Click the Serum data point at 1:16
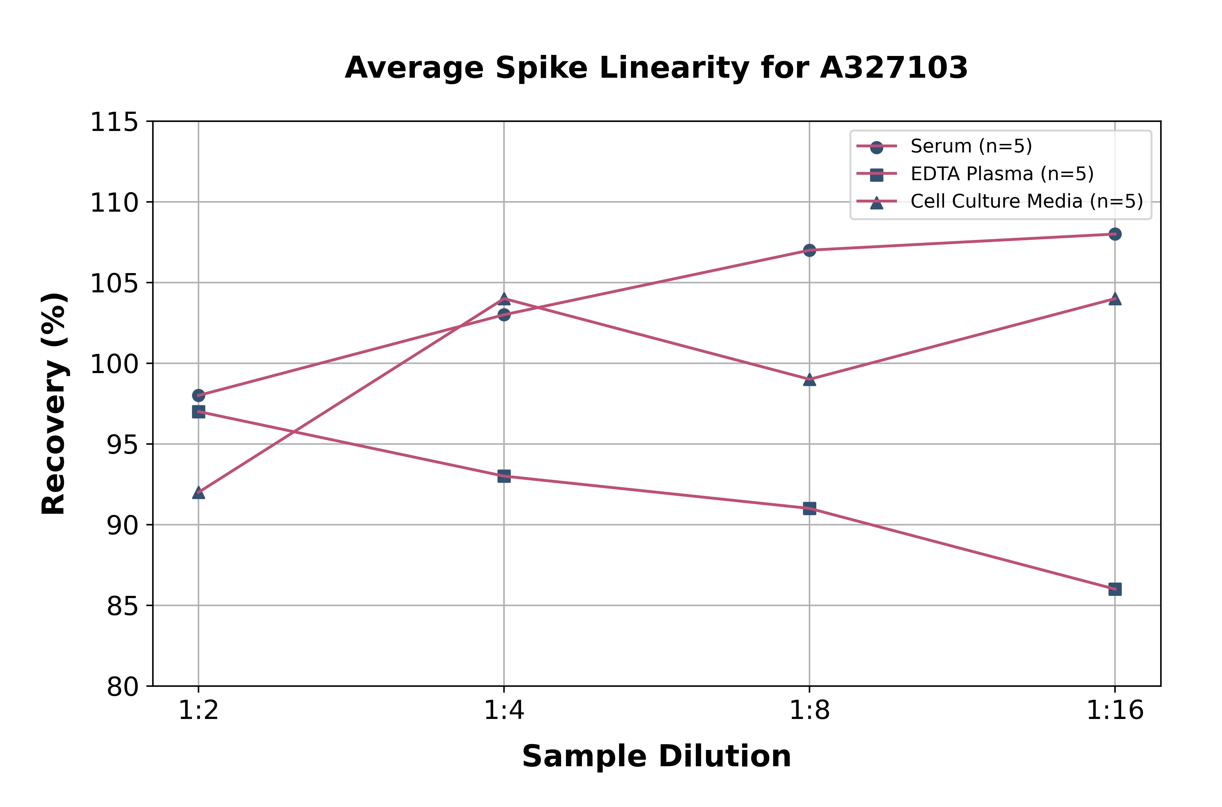1114,234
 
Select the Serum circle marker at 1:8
809,250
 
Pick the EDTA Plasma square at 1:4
504,476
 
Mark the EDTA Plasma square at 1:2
199,412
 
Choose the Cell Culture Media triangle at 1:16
1114,299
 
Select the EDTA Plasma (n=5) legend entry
1001,174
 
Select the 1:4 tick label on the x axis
504,711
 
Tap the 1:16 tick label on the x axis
1114,711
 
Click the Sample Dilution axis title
656,756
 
